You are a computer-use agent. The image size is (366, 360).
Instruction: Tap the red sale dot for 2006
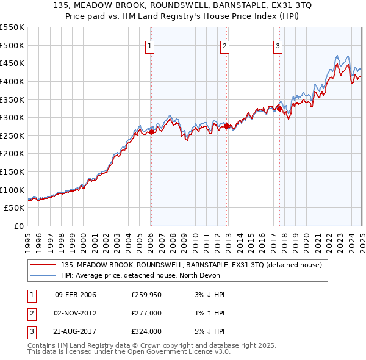151,132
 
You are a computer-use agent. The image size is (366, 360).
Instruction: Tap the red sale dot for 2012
226,126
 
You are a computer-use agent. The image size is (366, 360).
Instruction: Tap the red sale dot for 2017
279,109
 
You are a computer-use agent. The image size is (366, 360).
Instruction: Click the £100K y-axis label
12,190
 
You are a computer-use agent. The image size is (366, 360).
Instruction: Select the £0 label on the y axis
18,226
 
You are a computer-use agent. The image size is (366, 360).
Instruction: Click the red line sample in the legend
43,265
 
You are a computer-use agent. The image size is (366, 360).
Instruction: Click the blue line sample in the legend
43,275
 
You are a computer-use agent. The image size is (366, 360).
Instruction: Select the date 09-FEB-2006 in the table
76,295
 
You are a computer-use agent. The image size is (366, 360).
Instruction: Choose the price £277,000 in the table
146,313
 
